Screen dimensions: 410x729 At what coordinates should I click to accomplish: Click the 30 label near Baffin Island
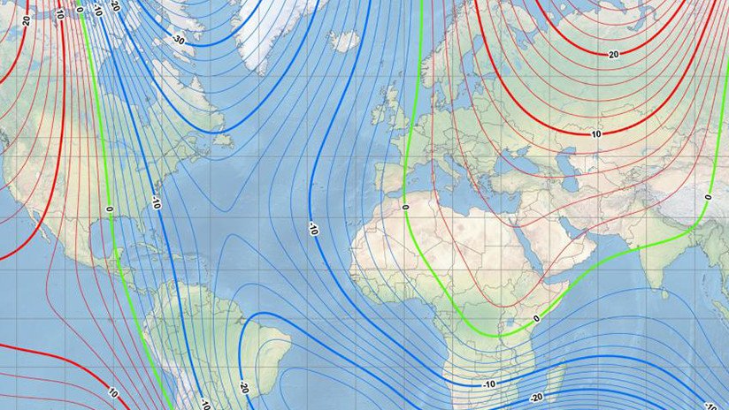click(179, 41)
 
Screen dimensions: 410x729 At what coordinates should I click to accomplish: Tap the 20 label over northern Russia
click(612, 55)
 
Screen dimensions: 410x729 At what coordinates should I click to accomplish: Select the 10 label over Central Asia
click(596, 134)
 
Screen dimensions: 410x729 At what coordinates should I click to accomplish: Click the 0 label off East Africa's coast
click(536, 317)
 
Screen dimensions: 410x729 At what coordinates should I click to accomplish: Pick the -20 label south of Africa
click(536, 398)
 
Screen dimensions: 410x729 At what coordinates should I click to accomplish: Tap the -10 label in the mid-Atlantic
click(312, 229)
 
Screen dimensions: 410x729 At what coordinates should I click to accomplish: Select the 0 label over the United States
click(109, 209)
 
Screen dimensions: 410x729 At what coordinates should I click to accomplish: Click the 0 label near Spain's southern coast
click(404, 207)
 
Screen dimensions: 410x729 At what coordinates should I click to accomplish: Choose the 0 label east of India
click(708, 196)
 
